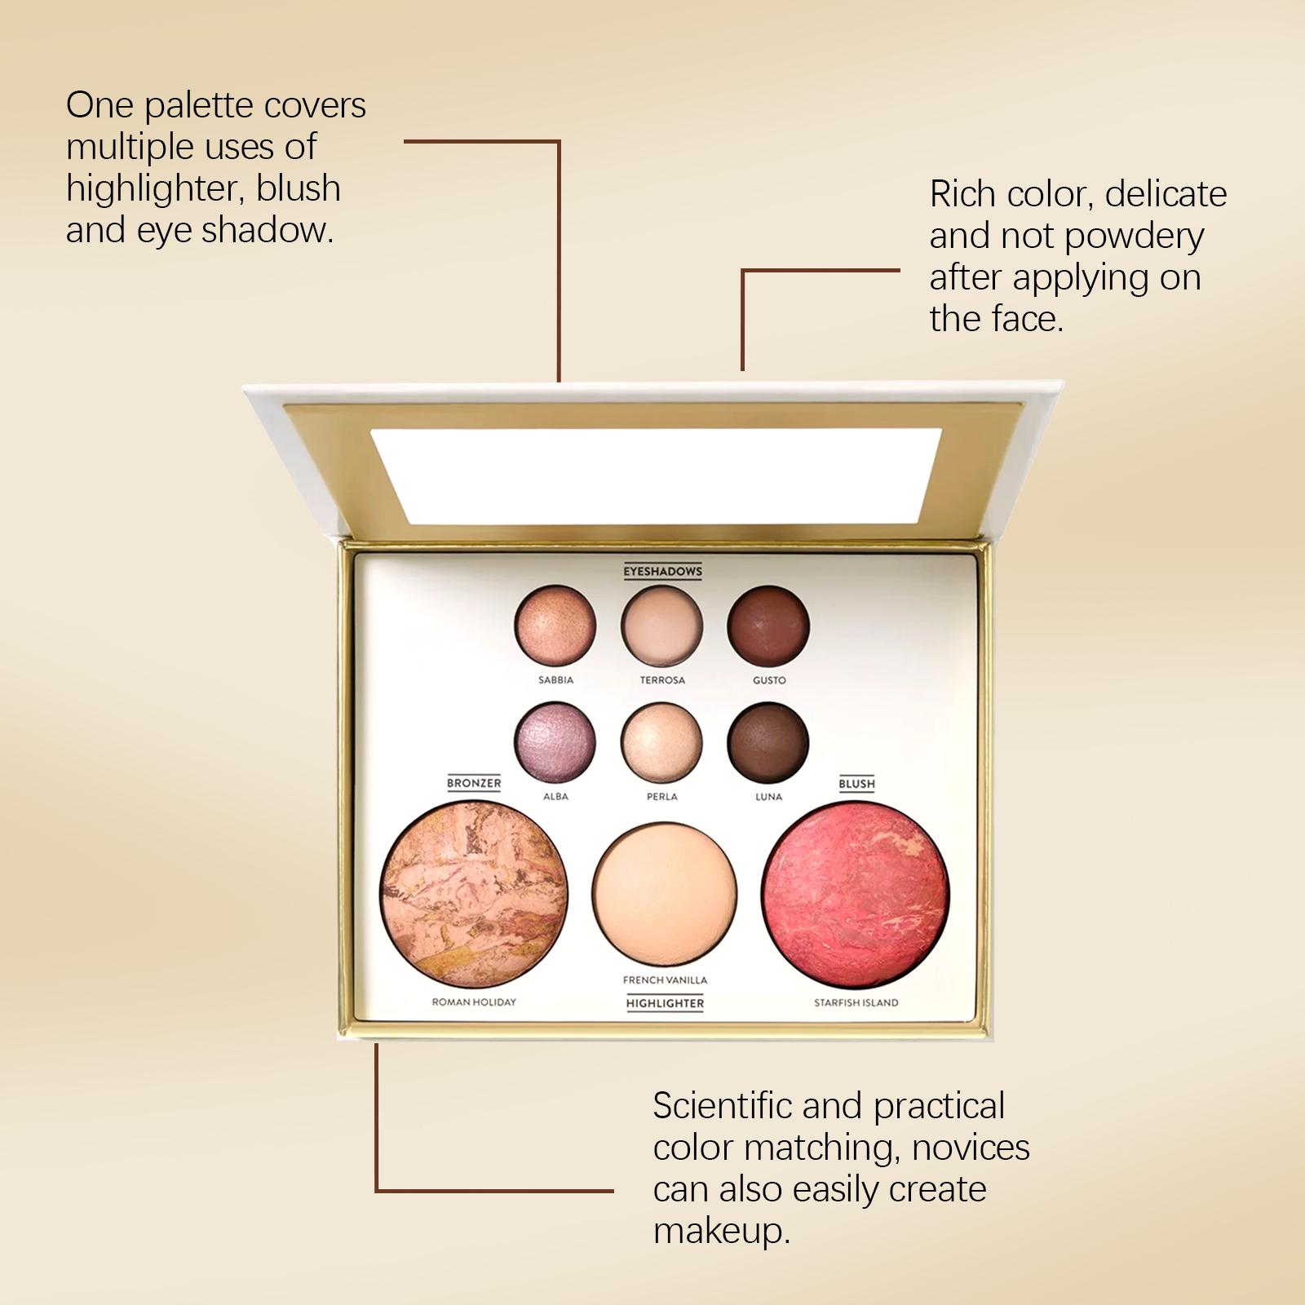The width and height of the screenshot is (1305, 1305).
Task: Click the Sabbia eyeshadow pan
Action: (x=555, y=626)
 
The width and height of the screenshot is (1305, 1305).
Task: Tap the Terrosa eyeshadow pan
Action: (x=661, y=626)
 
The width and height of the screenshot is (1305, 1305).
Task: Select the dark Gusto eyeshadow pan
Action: (x=768, y=626)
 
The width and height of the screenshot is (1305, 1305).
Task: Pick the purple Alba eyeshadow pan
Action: (x=555, y=742)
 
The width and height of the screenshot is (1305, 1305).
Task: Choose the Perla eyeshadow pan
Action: (x=661, y=742)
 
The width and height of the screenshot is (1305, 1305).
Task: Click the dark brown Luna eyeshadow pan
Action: (x=768, y=742)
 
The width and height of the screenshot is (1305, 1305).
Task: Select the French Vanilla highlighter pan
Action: (x=665, y=896)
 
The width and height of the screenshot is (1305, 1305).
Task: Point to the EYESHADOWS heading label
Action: (x=662, y=572)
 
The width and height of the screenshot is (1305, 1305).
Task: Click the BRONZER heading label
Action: (x=474, y=783)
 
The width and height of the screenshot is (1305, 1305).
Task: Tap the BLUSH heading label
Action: (x=856, y=784)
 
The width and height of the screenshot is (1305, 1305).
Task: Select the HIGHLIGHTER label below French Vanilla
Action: (x=665, y=1003)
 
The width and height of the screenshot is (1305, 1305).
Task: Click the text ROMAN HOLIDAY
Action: (x=474, y=1002)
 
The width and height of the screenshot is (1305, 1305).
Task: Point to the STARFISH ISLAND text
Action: (x=856, y=1002)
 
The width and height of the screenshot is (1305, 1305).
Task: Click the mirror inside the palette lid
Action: (x=656, y=476)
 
